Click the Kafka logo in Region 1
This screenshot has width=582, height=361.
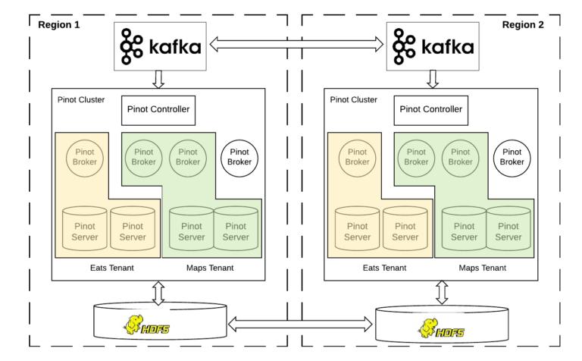pyautogui.click(x=160, y=46)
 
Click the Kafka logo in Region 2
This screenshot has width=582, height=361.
pyautogui.click(x=433, y=46)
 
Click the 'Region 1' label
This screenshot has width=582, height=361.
pyautogui.click(x=59, y=24)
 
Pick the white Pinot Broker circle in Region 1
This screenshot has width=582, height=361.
pyautogui.click(x=239, y=157)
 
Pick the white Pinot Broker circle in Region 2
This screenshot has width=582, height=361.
pyautogui.click(x=512, y=157)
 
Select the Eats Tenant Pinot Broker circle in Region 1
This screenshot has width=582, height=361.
pyautogui.click(x=87, y=156)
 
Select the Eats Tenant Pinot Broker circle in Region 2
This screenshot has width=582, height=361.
pyautogui.click(x=360, y=156)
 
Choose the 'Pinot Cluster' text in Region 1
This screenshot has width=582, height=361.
pyautogui.click(x=82, y=99)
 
